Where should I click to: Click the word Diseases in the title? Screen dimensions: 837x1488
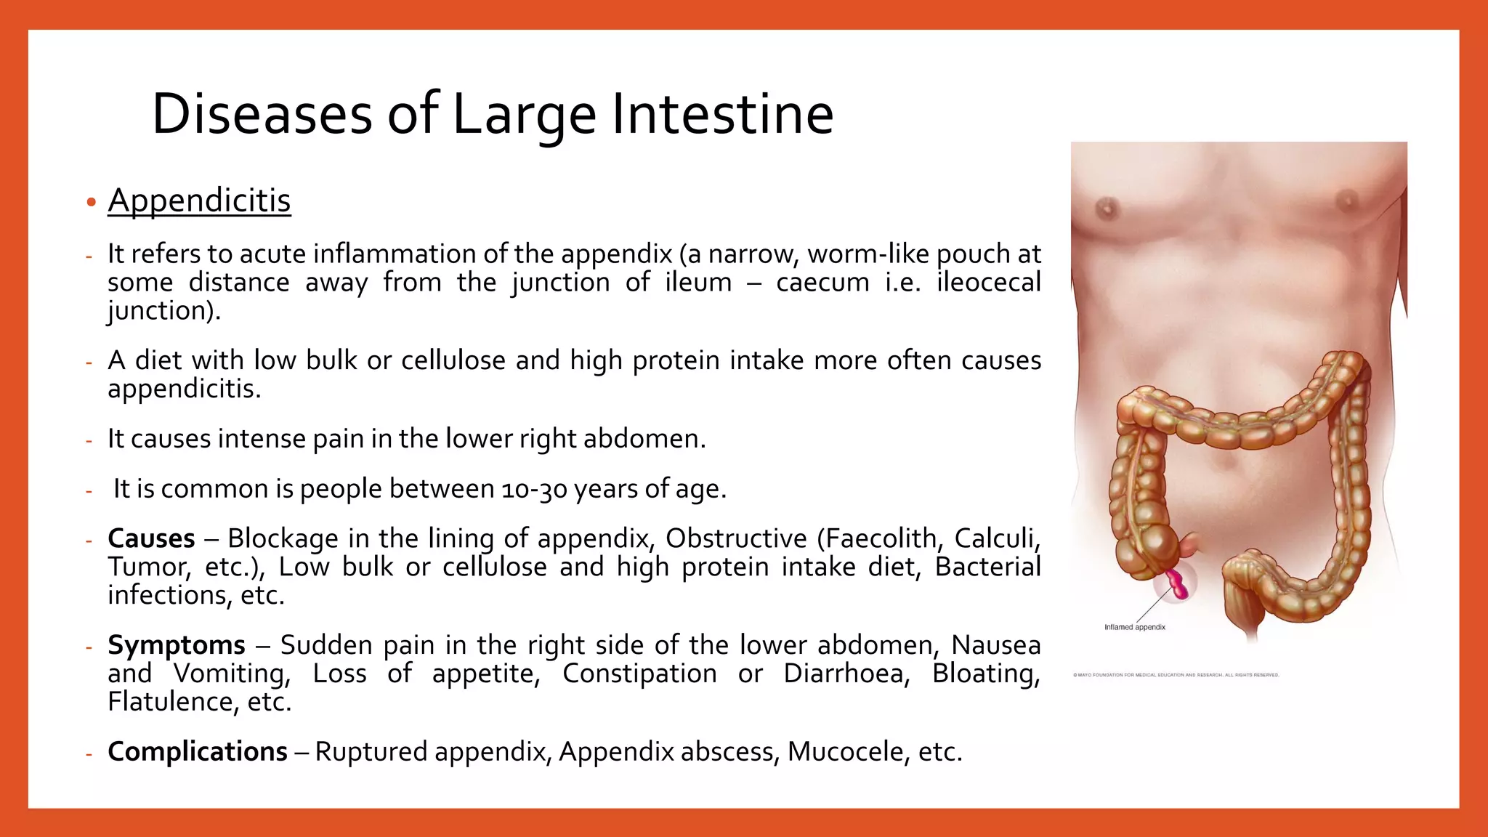pyautogui.click(x=262, y=114)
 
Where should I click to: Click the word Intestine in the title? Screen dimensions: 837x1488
pyautogui.click(x=722, y=114)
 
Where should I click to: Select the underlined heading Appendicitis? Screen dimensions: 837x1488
pyautogui.click(x=199, y=201)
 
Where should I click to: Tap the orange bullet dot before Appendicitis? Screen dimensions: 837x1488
pyautogui.click(x=91, y=202)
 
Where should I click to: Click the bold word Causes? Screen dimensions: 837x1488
pyautogui.click(x=151, y=538)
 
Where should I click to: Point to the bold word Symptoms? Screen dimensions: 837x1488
pyautogui.click(x=177, y=645)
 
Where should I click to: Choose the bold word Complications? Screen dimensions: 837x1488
pyautogui.click(x=198, y=751)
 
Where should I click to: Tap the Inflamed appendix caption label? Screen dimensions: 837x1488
pyautogui.click(x=1134, y=627)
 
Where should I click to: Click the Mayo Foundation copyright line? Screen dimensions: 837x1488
pyautogui.click(x=1176, y=675)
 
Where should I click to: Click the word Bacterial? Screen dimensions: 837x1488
pyautogui.click(x=987, y=567)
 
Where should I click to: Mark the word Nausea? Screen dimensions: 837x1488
pyautogui.click(x=995, y=645)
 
